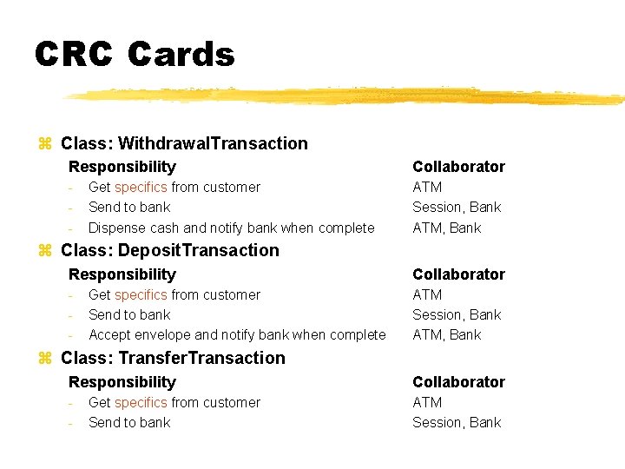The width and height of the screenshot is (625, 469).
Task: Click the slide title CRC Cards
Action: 135,54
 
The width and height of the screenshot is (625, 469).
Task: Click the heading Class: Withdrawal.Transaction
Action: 184,143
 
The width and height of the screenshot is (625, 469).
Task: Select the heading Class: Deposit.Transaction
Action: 170,250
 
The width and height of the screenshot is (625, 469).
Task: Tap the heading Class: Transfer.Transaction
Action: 173,358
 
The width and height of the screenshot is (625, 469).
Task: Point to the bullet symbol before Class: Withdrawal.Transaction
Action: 45,144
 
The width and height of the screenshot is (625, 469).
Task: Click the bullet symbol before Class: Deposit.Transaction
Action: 45,251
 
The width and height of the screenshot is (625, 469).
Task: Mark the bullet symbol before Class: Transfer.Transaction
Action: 45,359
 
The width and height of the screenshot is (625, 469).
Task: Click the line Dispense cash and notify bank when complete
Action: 232,228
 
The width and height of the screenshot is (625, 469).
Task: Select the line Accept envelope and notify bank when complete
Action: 237,334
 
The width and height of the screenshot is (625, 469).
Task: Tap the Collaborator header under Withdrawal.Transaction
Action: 458,167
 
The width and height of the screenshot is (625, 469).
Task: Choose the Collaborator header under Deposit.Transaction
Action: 458,274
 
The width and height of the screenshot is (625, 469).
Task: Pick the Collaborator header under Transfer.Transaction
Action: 458,382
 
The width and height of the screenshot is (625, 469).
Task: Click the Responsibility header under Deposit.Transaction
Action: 122,274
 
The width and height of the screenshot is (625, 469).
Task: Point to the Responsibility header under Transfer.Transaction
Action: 122,382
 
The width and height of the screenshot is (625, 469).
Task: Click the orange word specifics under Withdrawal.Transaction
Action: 141,187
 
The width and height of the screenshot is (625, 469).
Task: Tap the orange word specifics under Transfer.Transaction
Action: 141,402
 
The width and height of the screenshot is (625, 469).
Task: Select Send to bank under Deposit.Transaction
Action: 129,314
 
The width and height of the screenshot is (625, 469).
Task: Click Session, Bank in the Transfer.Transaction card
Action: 457,422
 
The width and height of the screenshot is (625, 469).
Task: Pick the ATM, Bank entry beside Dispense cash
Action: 446,228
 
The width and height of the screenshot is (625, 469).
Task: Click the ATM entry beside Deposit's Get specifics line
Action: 427,294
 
